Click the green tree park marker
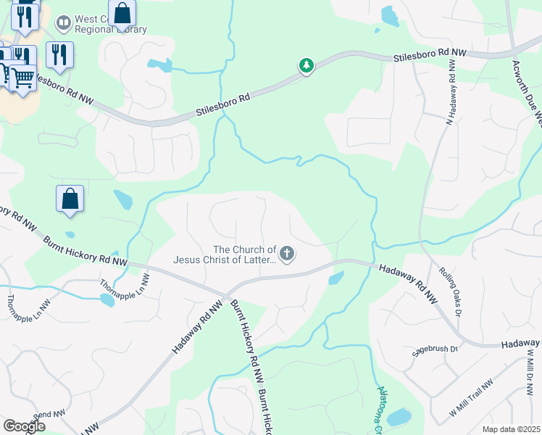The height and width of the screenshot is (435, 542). tap(307, 66)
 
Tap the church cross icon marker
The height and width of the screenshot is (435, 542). tap(287, 253)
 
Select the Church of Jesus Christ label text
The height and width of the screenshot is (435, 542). tap(225, 254)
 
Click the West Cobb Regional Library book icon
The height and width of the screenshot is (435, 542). tap(64, 25)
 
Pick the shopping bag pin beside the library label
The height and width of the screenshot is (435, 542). tap(122, 14)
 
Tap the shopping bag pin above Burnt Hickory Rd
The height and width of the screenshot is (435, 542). tap(70, 199)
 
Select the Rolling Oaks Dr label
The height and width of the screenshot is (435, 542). tap(450, 286)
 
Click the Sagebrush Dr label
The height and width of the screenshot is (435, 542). tap(435, 349)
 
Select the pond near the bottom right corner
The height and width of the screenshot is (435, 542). tap(399, 417)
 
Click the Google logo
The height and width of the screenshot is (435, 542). tap(24, 426)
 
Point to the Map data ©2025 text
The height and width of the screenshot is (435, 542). tap(511, 429)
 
